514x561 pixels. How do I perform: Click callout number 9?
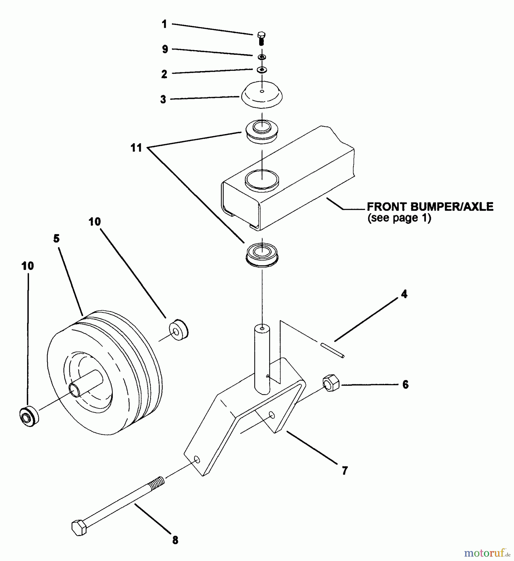[x=165, y=49]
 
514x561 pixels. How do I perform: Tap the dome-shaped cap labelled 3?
[x=262, y=95]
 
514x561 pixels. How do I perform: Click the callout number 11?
[x=136, y=148]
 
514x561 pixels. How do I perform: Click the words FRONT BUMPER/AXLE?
[x=430, y=207]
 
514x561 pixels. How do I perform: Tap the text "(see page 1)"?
[x=399, y=218]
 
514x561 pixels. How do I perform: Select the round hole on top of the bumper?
[x=262, y=180]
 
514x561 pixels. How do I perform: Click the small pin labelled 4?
[x=332, y=349]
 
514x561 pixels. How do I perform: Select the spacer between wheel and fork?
[x=179, y=329]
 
